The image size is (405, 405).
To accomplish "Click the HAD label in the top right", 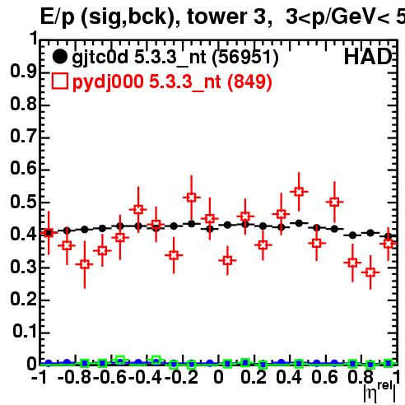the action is [368, 57].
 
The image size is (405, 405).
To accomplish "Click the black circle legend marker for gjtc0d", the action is [60, 57].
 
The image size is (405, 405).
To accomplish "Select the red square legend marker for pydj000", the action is [60, 81].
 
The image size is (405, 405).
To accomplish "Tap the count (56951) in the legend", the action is [245, 58].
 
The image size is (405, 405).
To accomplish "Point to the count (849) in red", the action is [249, 81].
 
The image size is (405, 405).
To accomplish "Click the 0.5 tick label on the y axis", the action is [23, 202].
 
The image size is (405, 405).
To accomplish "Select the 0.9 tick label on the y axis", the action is [23, 72].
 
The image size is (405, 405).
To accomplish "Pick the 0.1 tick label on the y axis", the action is [25, 332].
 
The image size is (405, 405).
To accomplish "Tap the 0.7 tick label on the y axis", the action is [23, 137].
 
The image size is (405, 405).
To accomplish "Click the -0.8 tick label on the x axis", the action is [74, 378].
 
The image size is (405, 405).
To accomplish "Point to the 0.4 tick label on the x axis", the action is [289, 378].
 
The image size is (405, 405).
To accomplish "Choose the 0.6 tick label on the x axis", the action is [324, 378].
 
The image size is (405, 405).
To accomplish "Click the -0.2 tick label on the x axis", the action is [181, 378].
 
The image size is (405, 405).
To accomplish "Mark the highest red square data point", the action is [299, 192].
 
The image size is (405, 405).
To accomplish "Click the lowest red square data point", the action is [370, 272].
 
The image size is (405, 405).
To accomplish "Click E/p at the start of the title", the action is [58, 17].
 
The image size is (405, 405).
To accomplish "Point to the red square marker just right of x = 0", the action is [227, 260].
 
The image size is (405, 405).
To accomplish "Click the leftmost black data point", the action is [49, 233].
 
